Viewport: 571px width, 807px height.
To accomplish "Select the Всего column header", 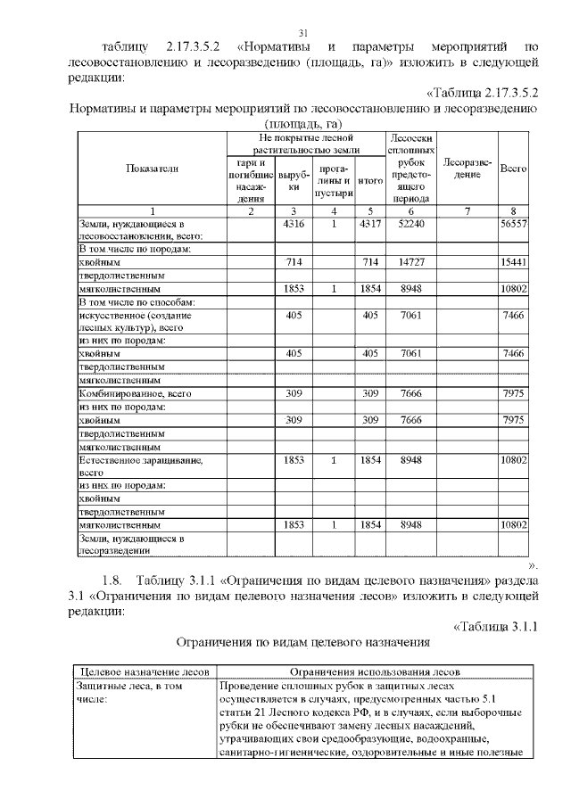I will point(513,168).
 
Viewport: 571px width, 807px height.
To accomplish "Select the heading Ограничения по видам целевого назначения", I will point(303,641).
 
